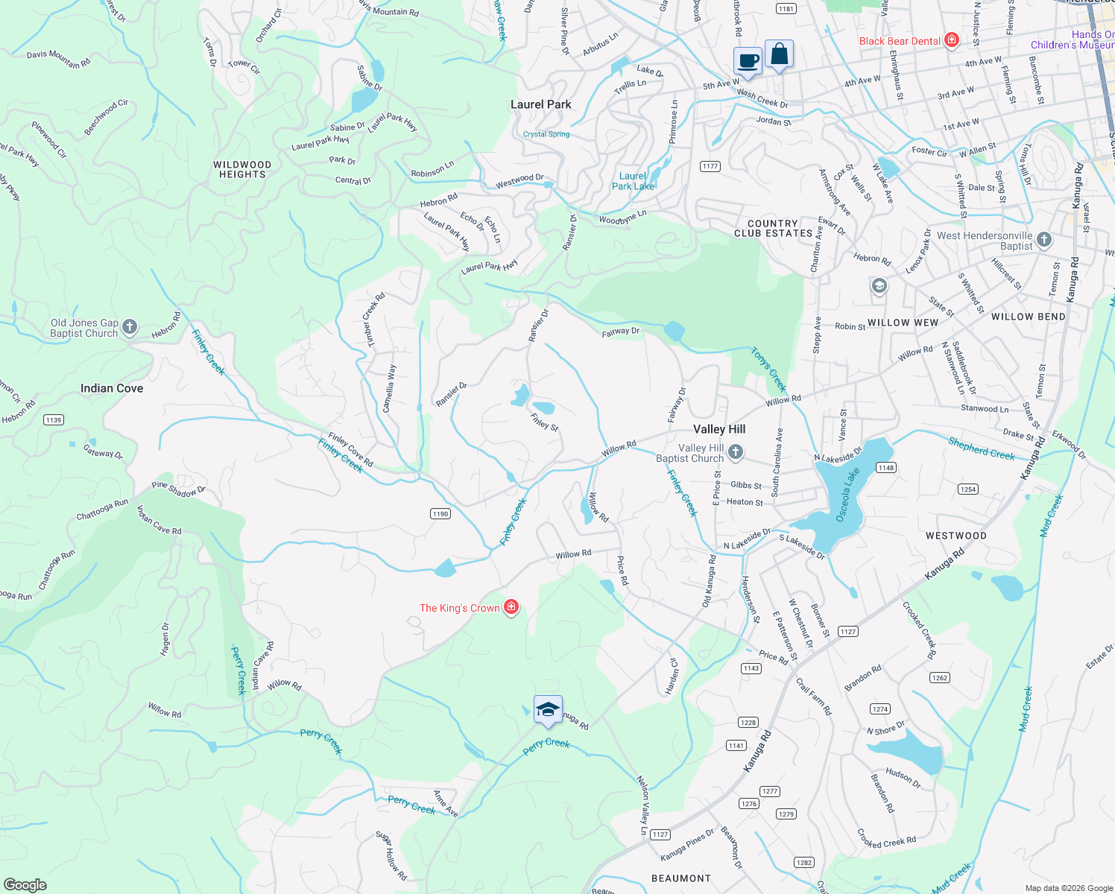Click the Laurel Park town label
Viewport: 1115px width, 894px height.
(540, 104)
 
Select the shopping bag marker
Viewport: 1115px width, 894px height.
(779, 54)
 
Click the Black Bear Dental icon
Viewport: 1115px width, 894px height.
(951, 40)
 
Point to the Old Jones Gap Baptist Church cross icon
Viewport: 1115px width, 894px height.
(130, 326)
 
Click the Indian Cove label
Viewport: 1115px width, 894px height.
(112, 388)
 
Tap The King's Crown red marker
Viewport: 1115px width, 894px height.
(511, 607)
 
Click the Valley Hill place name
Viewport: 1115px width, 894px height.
(719, 429)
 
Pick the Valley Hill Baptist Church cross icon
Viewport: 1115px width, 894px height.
(736, 451)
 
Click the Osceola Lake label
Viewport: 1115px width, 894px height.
(847, 495)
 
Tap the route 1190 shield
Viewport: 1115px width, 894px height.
(440, 513)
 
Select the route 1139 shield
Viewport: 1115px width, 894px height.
(54, 419)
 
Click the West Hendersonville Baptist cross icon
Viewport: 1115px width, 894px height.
(1044, 239)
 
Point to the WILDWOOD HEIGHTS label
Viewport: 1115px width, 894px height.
(242, 169)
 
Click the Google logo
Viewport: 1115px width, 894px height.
(25, 884)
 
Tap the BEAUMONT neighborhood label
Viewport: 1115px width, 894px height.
(680, 878)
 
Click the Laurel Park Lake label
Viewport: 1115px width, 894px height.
(633, 181)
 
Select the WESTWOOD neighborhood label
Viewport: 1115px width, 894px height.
(956, 536)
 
